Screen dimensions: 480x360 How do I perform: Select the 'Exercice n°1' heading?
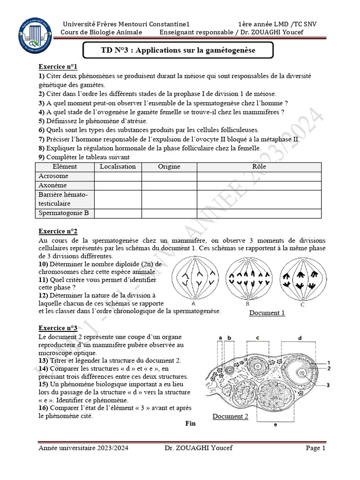click(58, 67)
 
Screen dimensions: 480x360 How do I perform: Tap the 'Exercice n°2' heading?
click(58, 231)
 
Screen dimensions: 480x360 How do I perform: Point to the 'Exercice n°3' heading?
click(58, 328)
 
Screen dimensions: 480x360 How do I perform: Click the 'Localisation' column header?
click(118, 167)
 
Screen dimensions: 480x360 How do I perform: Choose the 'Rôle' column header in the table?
click(259, 167)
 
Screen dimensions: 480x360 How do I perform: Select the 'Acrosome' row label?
click(53, 176)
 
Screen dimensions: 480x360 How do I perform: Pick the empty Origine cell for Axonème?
click(169, 186)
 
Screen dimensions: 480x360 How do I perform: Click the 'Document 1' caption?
click(267, 313)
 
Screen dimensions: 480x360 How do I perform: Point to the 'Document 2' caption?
click(230, 416)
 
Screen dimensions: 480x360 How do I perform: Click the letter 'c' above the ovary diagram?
click(257, 337)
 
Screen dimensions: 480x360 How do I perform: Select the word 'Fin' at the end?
click(190, 424)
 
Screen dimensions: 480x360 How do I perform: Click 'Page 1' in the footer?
click(315, 448)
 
